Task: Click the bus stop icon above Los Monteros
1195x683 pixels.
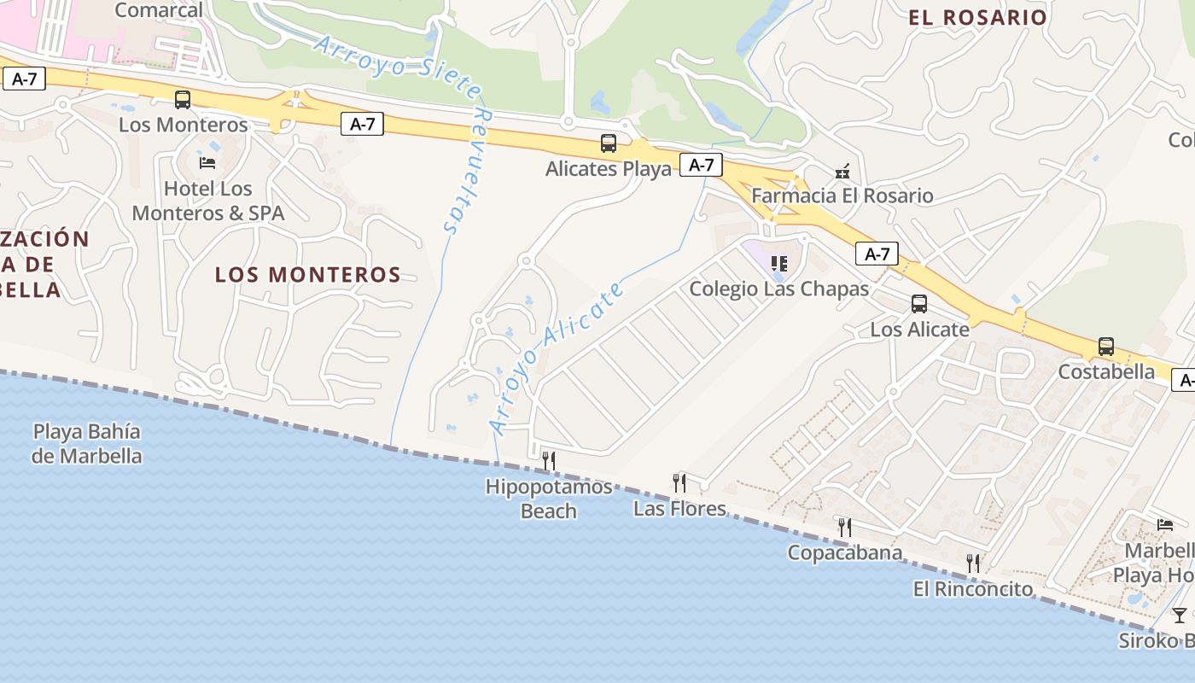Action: pos(183,100)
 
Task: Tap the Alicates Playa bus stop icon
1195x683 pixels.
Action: pos(609,143)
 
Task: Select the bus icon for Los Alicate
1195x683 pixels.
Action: pos(919,304)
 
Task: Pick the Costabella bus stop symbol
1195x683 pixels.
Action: pos(1106,347)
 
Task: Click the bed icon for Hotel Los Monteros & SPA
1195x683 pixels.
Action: pos(207,162)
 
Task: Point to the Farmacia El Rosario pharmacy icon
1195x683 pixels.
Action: pos(842,171)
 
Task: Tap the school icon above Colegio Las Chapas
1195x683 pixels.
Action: pos(778,264)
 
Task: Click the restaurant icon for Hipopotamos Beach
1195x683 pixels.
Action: pos(549,461)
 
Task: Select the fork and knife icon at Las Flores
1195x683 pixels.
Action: pos(679,483)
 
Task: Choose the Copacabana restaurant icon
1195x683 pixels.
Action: pos(844,527)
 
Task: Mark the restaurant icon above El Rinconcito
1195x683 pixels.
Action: pos(972,563)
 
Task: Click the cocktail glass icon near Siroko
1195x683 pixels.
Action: pos(1180,615)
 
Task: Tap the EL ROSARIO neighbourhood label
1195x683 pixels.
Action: pos(977,17)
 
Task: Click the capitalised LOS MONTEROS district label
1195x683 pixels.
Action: pos(307,275)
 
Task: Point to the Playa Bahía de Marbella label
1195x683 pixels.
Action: pos(86,444)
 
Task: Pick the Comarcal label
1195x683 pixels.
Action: pos(158,10)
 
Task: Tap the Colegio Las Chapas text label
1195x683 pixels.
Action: pos(778,289)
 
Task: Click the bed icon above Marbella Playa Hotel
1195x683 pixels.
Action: pos(1165,524)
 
